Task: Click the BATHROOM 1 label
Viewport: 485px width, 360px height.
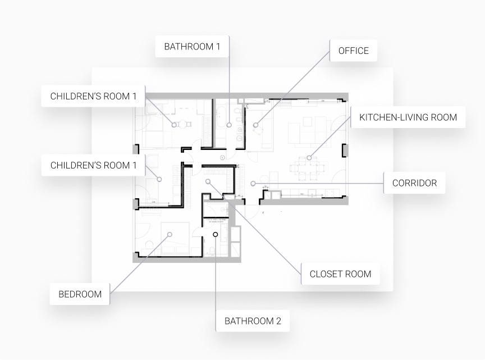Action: [x=192, y=47]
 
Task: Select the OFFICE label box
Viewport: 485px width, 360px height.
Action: [x=353, y=51]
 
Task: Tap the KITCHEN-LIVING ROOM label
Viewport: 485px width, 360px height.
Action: [x=408, y=117]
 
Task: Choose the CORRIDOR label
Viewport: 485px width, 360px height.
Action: [x=414, y=183]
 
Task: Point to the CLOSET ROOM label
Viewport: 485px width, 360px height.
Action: [x=340, y=274]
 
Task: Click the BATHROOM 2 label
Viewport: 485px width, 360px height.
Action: [x=253, y=321]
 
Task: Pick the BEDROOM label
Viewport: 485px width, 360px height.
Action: [x=80, y=294]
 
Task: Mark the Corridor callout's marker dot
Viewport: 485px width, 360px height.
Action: [x=253, y=183]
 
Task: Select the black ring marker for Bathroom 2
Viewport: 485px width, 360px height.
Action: [x=216, y=234]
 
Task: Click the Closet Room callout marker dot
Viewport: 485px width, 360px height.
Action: [x=208, y=181]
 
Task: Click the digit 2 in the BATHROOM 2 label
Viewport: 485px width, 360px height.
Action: [x=278, y=321]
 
